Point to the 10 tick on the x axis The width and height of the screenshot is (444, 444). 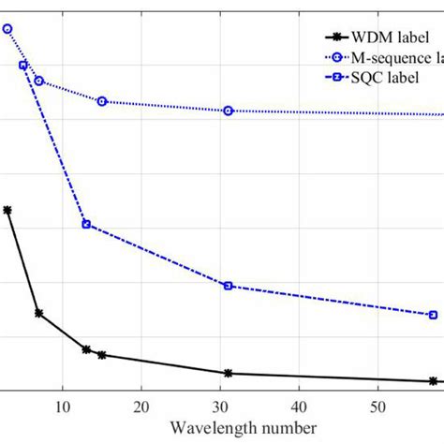click(x=63, y=406)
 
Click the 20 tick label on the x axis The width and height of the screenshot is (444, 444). click(x=141, y=406)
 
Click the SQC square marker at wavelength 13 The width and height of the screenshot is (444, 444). click(x=86, y=224)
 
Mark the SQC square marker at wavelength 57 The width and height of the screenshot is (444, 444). click(x=433, y=315)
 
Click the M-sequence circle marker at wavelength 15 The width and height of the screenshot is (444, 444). click(x=102, y=101)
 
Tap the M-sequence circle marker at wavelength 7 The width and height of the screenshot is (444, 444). click(x=39, y=81)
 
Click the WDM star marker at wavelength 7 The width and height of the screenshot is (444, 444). click(x=39, y=313)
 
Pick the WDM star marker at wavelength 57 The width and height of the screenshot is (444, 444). click(x=433, y=381)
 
